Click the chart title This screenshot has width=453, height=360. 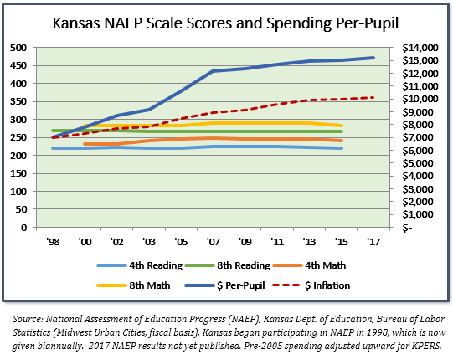(x=225, y=23)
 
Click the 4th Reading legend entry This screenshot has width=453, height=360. (x=140, y=265)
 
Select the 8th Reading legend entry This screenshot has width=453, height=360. (x=228, y=265)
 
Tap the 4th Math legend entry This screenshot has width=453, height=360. (x=309, y=265)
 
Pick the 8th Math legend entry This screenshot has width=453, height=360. (x=133, y=285)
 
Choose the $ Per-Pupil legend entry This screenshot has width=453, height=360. (x=224, y=285)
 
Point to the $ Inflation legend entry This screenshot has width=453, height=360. (x=311, y=285)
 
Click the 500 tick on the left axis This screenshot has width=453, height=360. (x=18, y=48)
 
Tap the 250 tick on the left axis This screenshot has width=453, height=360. (x=18, y=137)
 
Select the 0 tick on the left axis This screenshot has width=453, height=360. (x=23, y=228)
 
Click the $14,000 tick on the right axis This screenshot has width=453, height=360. (x=420, y=48)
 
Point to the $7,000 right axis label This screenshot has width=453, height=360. (x=418, y=137)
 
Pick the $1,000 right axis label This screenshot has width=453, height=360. (x=418, y=214)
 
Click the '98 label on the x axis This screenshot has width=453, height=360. (x=53, y=242)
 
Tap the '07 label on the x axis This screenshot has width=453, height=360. (x=214, y=242)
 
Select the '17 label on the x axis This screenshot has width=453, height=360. (x=373, y=242)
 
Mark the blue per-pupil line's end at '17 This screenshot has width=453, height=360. (x=373, y=58)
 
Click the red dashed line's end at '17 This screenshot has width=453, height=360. (x=373, y=98)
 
